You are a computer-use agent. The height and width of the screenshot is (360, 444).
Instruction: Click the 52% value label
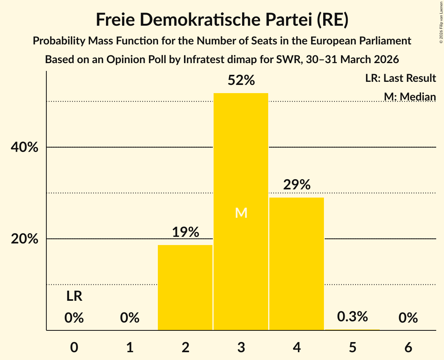(241, 81)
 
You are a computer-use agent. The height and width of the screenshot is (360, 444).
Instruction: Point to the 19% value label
(186, 233)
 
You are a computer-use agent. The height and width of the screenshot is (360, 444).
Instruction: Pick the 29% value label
(297, 185)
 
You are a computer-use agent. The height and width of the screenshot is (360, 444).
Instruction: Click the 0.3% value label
(352, 317)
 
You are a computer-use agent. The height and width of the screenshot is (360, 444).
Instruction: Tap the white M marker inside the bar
(241, 213)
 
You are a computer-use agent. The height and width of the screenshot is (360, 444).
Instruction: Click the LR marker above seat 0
(74, 296)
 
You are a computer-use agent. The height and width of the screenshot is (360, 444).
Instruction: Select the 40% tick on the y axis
(24, 148)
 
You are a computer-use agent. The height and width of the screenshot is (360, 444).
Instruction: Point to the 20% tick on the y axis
(24, 239)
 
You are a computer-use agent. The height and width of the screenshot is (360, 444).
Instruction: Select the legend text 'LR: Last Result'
(400, 78)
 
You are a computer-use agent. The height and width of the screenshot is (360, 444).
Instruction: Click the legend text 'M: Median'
(410, 96)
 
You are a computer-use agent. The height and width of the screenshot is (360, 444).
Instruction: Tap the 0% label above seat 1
(130, 318)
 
